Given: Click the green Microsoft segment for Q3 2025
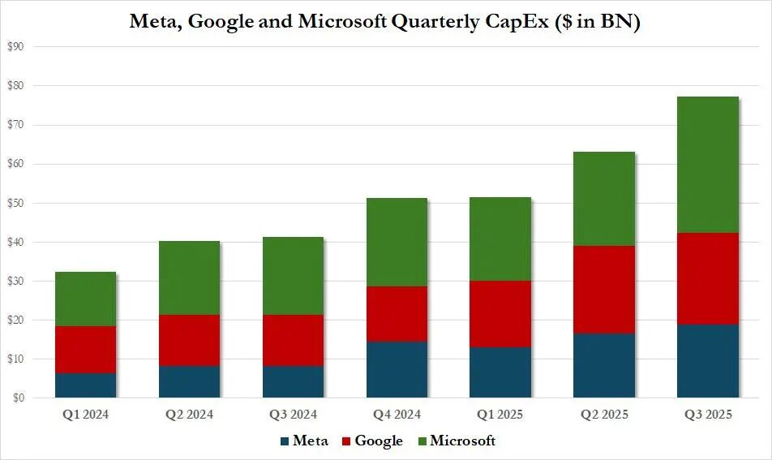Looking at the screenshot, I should click(x=707, y=165).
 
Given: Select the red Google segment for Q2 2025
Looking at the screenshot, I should click(x=603, y=290).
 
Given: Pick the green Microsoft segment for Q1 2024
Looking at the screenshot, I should click(x=84, y=299).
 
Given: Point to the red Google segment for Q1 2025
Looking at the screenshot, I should click(x=500, y=314).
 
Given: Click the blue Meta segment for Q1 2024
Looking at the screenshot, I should click(x=84, y=385).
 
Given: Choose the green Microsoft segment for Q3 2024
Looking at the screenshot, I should click(x=292, y=276).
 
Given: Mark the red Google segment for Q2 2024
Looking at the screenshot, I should click(x=188, y=341).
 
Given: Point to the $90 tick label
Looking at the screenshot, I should click(x=15, y=47).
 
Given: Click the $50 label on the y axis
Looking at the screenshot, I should click(x=15, y=203).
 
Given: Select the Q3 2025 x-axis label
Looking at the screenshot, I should click(x=707, y=415).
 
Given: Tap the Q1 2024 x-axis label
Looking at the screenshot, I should click(x=84, y=415).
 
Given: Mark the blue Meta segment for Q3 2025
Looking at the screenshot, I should click(x=707, y=361).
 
